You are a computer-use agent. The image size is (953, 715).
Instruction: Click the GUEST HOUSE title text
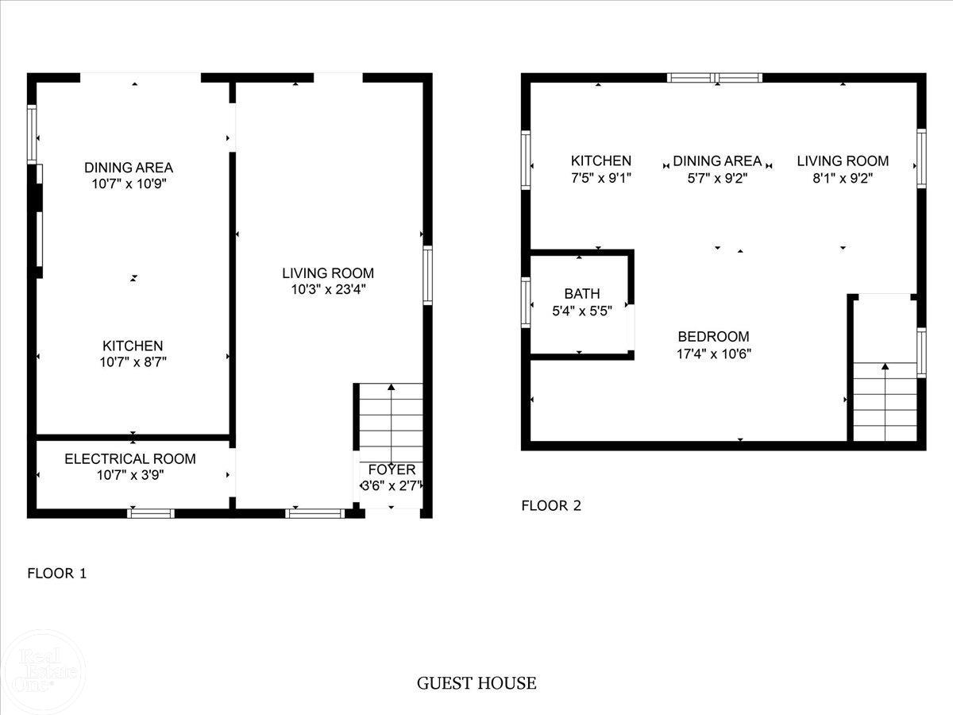(476, 683)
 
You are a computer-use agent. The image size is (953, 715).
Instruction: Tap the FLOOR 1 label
(56, 573)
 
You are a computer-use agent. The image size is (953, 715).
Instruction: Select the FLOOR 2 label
(550, 505)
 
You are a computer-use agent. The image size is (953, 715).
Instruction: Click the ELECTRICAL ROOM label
(129, 459)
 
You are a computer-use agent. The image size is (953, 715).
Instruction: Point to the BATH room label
(582, 294)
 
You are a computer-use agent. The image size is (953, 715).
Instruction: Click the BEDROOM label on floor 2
(713, 336)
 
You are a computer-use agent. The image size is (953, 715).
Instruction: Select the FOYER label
(392, 470)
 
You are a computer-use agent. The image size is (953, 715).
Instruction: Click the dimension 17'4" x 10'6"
(713, 354)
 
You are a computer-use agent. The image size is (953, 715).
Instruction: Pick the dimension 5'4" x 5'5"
(582, 311)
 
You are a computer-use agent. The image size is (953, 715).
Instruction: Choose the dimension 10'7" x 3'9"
(129, 476)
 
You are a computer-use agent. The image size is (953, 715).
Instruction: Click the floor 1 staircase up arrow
(391, 388)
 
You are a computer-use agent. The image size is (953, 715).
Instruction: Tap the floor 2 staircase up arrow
(885, 367)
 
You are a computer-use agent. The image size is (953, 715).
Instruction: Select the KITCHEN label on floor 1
(133, 346)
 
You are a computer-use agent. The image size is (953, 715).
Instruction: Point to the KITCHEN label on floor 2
(601, 160)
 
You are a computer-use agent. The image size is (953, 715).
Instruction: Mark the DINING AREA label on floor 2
(717, 160)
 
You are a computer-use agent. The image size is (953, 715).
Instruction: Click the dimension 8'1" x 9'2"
(843, 178)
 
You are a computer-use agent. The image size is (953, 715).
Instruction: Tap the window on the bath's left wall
(525, 303)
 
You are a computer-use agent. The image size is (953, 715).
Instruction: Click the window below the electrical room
(151, 513)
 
